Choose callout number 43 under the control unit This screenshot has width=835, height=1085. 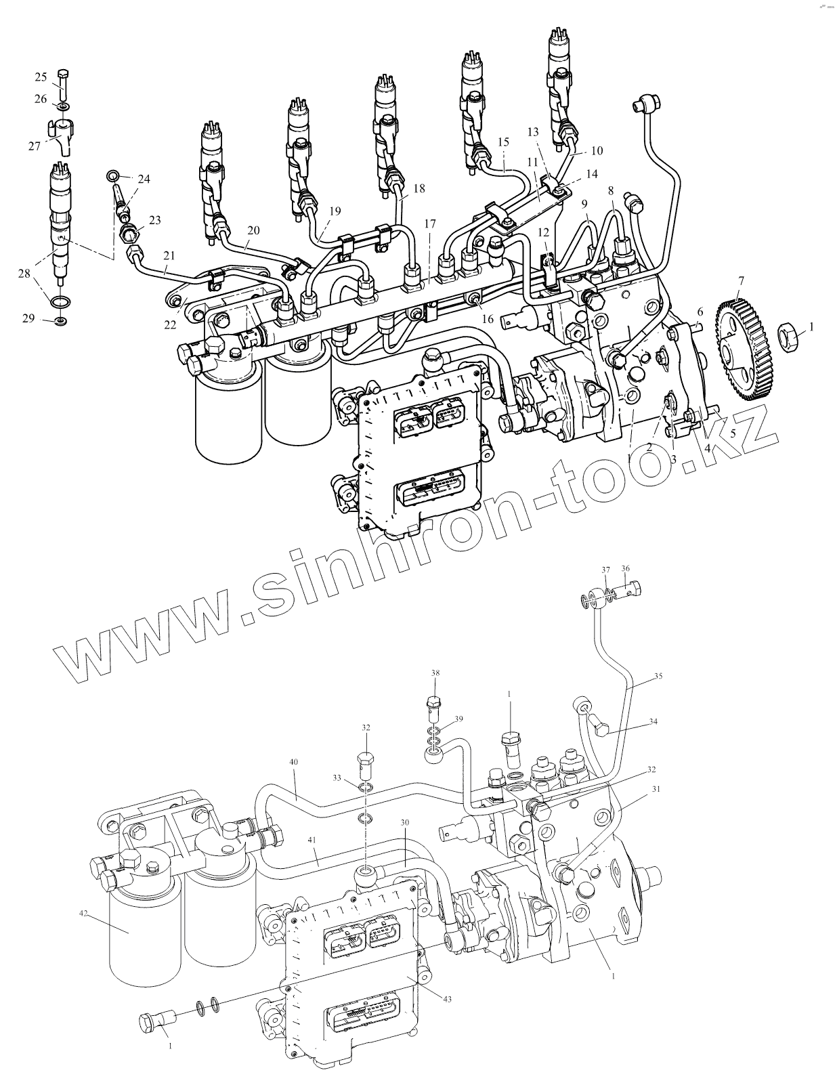(x=448, y=998)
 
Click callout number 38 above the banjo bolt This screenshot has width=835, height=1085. (x=435, y=673)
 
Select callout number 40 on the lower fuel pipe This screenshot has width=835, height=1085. (x=293, y=762)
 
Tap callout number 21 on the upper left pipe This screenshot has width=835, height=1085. (x=169, y=255)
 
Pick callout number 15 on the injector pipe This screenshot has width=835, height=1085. (x=502, y=142)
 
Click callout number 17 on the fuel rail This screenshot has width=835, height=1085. (x=430, y=224)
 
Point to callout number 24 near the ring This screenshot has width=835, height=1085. (x=144, y=179)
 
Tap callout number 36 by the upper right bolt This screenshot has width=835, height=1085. (x=625, y=569)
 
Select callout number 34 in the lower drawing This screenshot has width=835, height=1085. (x=653, y=722)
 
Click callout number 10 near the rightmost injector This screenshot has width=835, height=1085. (x=597, y=150)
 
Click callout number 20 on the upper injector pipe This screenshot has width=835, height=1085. (x=253, y=230)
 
